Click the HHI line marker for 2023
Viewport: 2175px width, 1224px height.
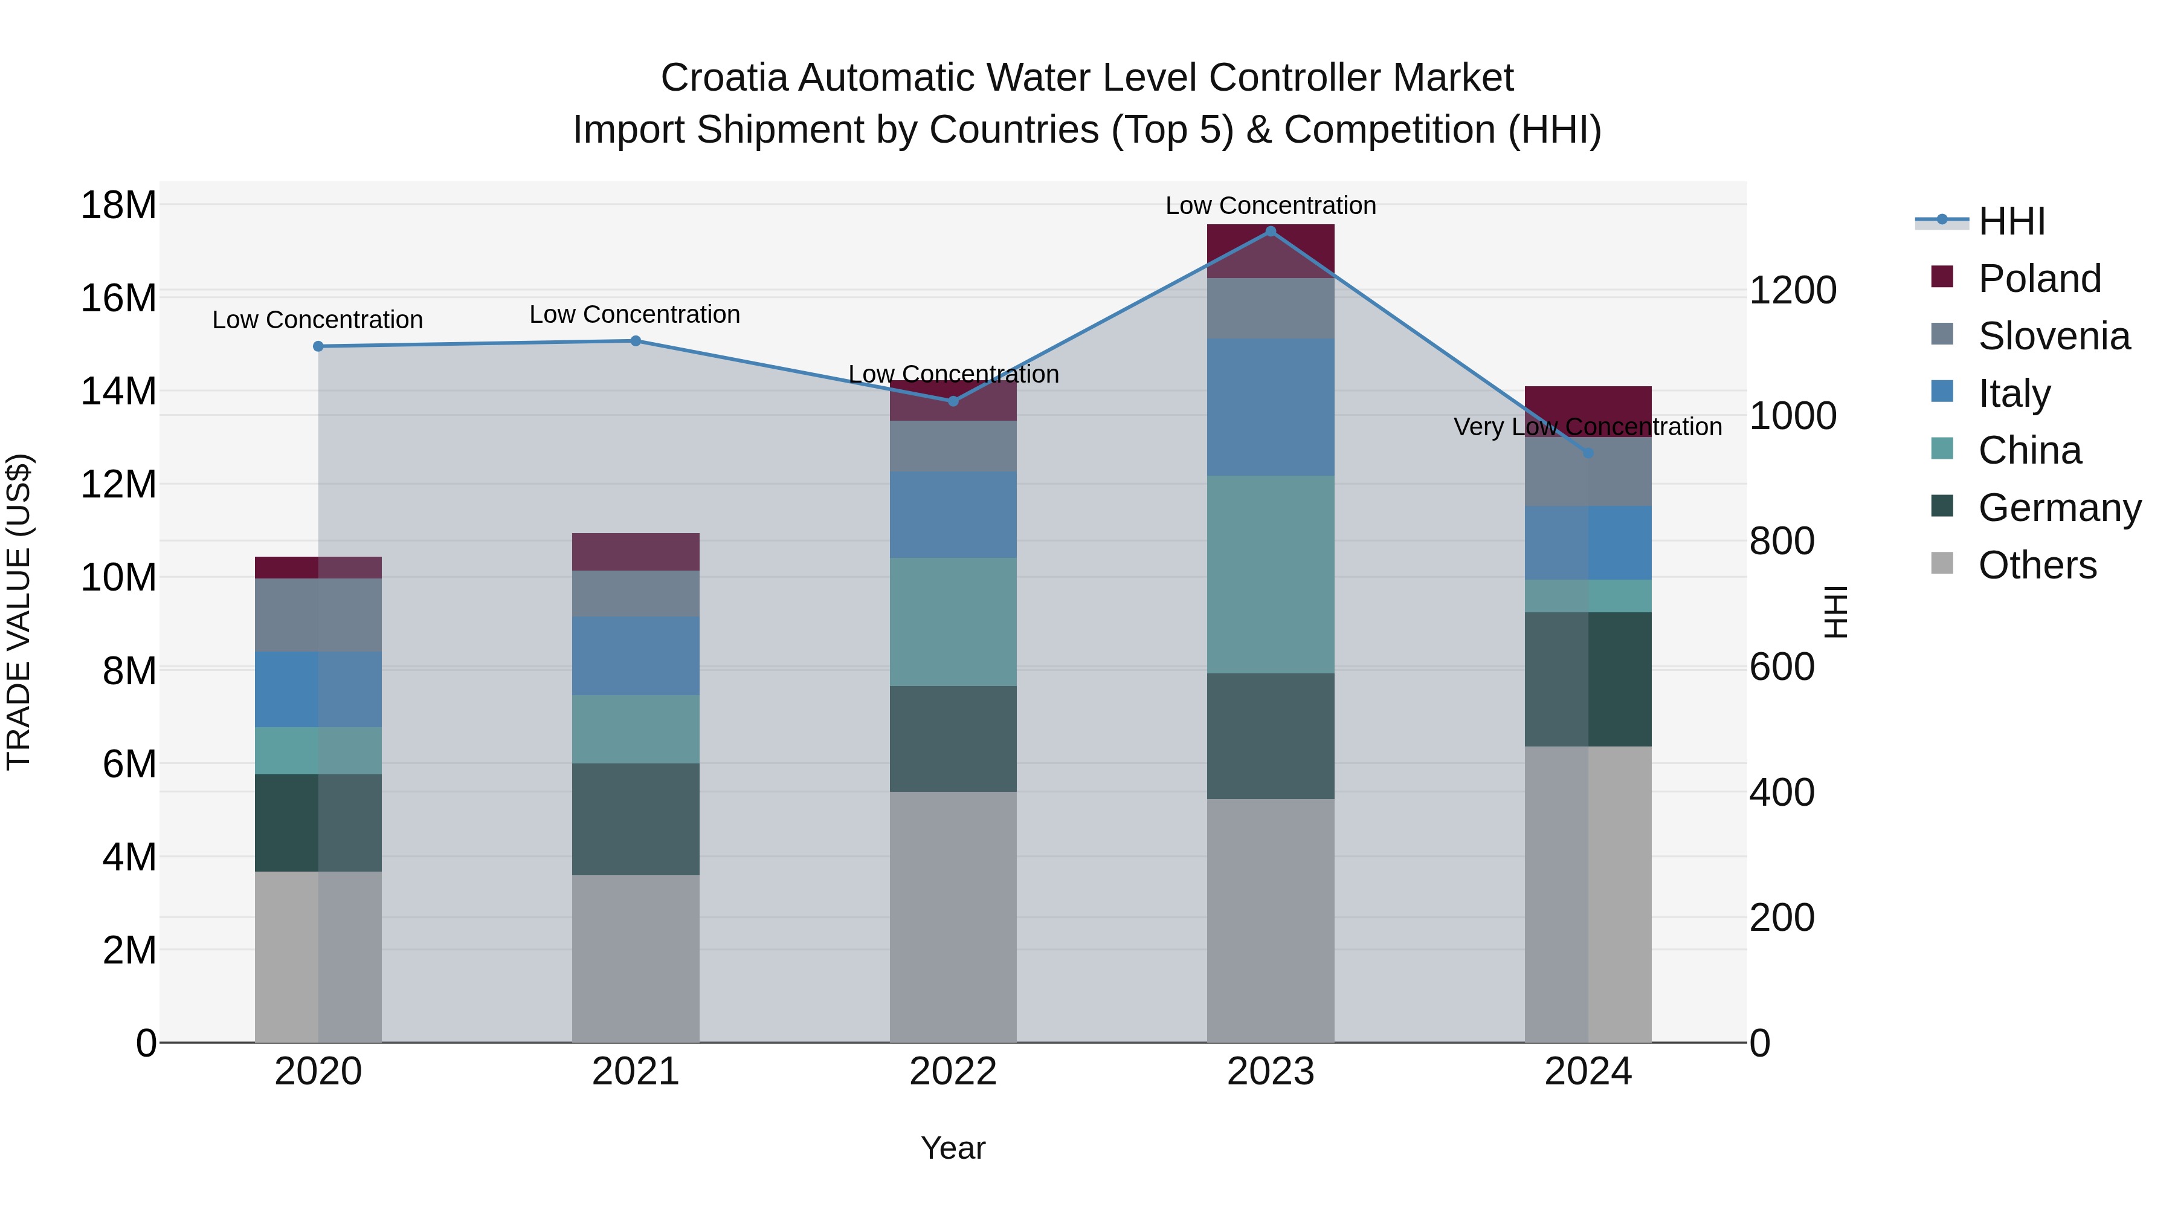pos(1270,232)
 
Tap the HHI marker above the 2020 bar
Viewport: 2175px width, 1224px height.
pos(318,346)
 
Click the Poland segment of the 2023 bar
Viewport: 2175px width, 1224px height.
pos(1270,251)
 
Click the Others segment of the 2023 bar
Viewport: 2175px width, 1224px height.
pos(1270,920)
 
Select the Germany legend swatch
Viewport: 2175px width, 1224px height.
pos(1942,507)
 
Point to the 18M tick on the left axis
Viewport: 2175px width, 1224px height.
pos(119,206)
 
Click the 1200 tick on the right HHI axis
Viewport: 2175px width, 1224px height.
pos(1792,291)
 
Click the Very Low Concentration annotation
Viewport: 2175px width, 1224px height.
pos(1587,427)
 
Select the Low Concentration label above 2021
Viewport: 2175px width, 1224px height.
pos(635,314)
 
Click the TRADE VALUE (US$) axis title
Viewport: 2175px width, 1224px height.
pos(19,612)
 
